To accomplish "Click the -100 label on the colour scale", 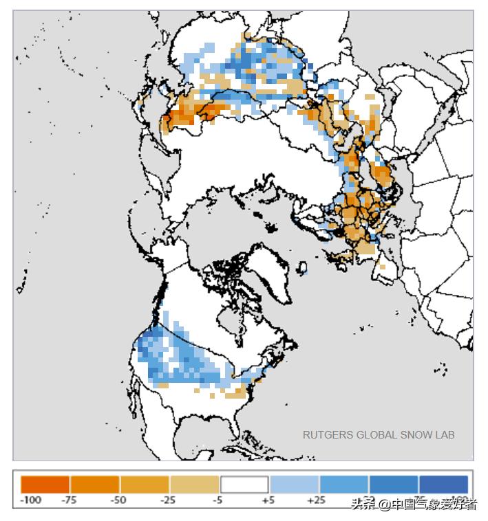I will point(31,500).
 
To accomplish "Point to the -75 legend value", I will point(69,500).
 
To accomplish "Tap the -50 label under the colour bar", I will point(118,500).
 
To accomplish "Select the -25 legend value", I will point(168,500).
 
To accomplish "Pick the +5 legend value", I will point(268,500).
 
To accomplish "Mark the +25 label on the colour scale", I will point(317,500).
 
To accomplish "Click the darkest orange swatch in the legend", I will point(45,484).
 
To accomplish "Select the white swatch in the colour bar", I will point(244,484).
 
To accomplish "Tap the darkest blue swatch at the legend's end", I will point(443,484).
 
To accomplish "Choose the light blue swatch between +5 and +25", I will point(294,484).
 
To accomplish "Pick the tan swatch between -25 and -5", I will point(194,484).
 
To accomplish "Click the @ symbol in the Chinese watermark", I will point(384,505).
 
